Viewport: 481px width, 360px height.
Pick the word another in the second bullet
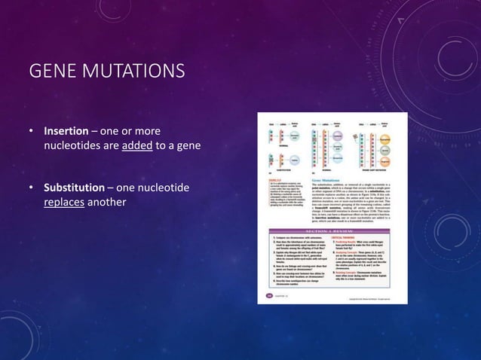point(107,202)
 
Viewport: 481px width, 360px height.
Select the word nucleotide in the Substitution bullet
point(163,187)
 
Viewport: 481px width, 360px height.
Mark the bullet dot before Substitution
point(31,188)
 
